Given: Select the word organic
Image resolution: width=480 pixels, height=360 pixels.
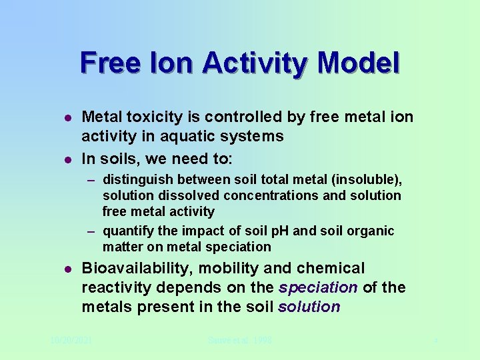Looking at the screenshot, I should point(370,231).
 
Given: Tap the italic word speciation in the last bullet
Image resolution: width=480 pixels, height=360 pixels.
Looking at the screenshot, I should point(318,288).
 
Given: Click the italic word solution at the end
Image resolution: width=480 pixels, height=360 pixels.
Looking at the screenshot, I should point(309,307).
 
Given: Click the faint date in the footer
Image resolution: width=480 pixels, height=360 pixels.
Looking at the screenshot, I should point(71,341).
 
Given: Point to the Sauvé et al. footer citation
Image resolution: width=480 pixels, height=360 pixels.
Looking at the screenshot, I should point(239,341).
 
